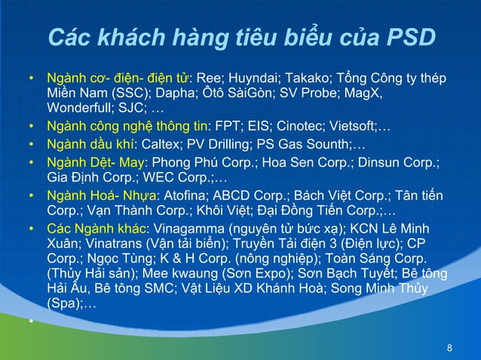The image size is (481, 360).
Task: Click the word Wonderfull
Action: click(x=82, y=109)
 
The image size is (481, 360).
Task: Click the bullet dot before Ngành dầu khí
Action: click(x=32, y=143)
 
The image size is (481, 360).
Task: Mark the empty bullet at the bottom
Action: click(x=32, y=321)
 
